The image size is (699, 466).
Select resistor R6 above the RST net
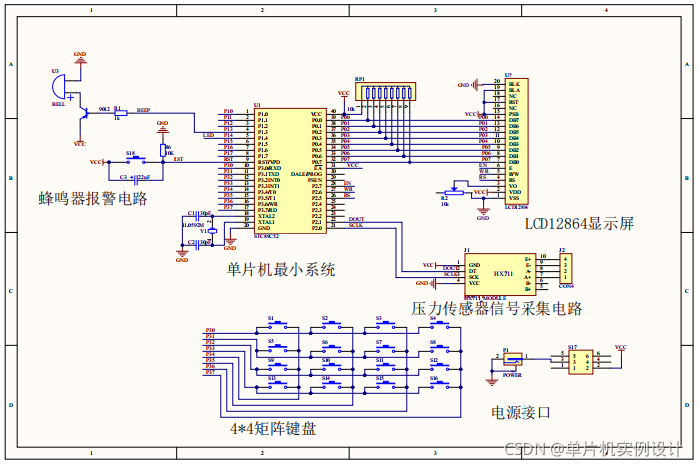(x=163, y=149)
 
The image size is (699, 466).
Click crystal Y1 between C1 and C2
(x=207, y=230)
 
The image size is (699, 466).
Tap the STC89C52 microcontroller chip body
(x=289, y=172)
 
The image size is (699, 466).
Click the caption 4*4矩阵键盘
(x=273, y=428)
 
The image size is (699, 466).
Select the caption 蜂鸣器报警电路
(x=93, y=198)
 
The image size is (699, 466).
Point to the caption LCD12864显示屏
(x=580, y=222)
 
